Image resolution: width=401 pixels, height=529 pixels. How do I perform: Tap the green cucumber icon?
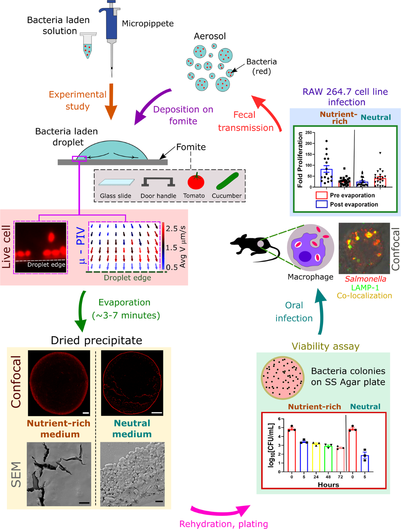click(227, 181)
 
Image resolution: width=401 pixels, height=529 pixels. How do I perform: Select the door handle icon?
click(158, 182)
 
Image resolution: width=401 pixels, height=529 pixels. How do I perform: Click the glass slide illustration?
click(116, 182)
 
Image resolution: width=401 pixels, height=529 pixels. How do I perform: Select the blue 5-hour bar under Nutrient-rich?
click(304, 457)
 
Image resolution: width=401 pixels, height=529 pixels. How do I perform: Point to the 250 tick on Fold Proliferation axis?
click(308, 133)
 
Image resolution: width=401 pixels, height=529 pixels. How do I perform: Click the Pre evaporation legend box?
click(321, 195)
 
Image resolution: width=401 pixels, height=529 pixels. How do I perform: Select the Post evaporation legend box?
click(321, 204)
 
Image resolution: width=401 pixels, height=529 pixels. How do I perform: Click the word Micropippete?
click(148, 24)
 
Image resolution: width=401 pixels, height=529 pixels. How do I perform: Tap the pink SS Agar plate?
click(283, 378)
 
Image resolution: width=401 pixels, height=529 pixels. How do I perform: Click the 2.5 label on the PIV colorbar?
click(172, 229)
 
